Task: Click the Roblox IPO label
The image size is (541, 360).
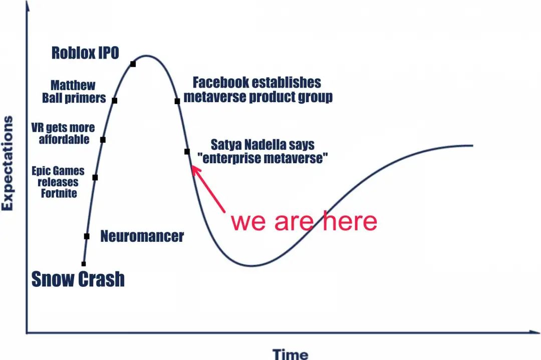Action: point(85,53)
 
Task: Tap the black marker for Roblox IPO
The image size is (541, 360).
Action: point(133,64)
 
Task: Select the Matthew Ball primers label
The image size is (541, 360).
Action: point(74,92)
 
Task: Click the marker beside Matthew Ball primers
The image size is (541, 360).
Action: point(115,100)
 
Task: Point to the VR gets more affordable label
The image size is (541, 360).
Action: point(63,133)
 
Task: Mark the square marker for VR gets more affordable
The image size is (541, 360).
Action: point(103,140)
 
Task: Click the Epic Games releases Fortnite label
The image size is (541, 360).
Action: point(58,182)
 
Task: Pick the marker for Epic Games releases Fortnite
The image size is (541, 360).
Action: point(95,177)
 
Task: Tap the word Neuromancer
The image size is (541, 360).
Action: point(142,236)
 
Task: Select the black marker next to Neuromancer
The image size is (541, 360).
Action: point(87,236)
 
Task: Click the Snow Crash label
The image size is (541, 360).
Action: point(78,279)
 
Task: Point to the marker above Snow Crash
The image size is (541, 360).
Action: point(84,264)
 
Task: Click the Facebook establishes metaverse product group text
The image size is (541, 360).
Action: point(258,90)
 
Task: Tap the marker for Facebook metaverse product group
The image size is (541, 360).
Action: point(177,101)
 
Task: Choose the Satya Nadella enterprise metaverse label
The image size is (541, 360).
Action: point(262,151)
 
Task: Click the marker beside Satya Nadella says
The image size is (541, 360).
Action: point(187,151)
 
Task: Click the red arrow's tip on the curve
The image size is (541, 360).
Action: point(192,166)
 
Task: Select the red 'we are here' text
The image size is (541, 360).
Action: point(304,221)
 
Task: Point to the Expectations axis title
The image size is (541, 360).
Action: point(7,163)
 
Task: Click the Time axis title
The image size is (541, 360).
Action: point(291,354)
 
